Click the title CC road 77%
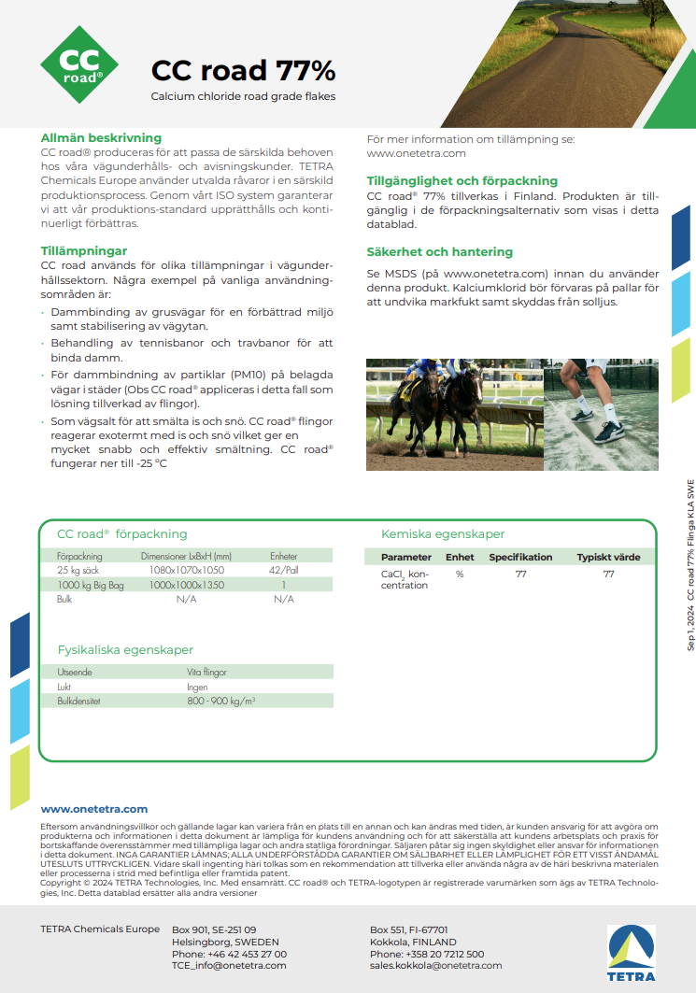click(x=243, y=71)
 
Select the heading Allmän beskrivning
click(x=101, y=137)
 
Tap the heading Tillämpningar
click(x=84, y=250)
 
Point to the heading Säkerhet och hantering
click(x=439, y=251)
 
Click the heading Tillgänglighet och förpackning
click(x=462, y=180)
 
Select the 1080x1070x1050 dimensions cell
click(x=187, y=569)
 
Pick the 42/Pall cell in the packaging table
click(x=283, y=569)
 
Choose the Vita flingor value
click(x=206, y=672)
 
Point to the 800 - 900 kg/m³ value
click(x=220, y=700)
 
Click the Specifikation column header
click(x=520, y=557)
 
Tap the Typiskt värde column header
click(x=608, y=557)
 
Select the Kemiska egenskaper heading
click(x=443, y=534)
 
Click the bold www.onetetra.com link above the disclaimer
click(x=94, y=809)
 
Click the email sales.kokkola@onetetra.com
click(x=435, y=966)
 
